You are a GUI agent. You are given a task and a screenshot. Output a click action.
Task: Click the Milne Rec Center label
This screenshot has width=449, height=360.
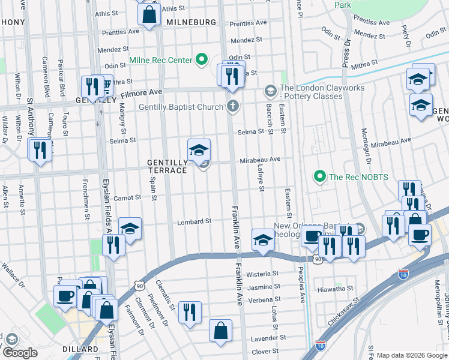tap(160, 60)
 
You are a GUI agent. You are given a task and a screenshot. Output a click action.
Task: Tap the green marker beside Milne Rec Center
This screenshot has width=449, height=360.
tap(202, 60)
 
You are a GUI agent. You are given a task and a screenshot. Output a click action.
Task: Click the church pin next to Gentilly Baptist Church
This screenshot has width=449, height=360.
tap(233, 107)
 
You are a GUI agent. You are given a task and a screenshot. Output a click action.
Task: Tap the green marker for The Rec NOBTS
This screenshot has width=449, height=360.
tap(319, 176)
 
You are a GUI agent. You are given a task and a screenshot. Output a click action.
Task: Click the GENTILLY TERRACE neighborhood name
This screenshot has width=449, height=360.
tap(167, 166)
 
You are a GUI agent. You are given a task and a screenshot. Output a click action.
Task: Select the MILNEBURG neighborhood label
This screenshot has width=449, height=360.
tap(191, 22)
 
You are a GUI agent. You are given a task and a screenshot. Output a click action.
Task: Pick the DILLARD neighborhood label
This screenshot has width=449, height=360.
tap(80, 349)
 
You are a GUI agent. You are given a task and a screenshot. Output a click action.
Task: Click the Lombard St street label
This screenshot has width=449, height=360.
tap(194, 221)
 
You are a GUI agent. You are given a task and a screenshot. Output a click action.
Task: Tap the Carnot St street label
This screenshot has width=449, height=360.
tap(127, 197)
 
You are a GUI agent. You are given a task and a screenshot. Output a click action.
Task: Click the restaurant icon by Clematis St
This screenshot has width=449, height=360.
tap(190, 312)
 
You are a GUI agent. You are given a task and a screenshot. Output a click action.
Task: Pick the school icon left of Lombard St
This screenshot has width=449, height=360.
tap(130, 228)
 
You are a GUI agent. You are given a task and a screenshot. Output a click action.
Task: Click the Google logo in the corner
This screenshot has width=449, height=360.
tap(20, 353)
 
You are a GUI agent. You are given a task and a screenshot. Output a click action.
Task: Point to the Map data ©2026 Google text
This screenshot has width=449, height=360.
tap(411, 355)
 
